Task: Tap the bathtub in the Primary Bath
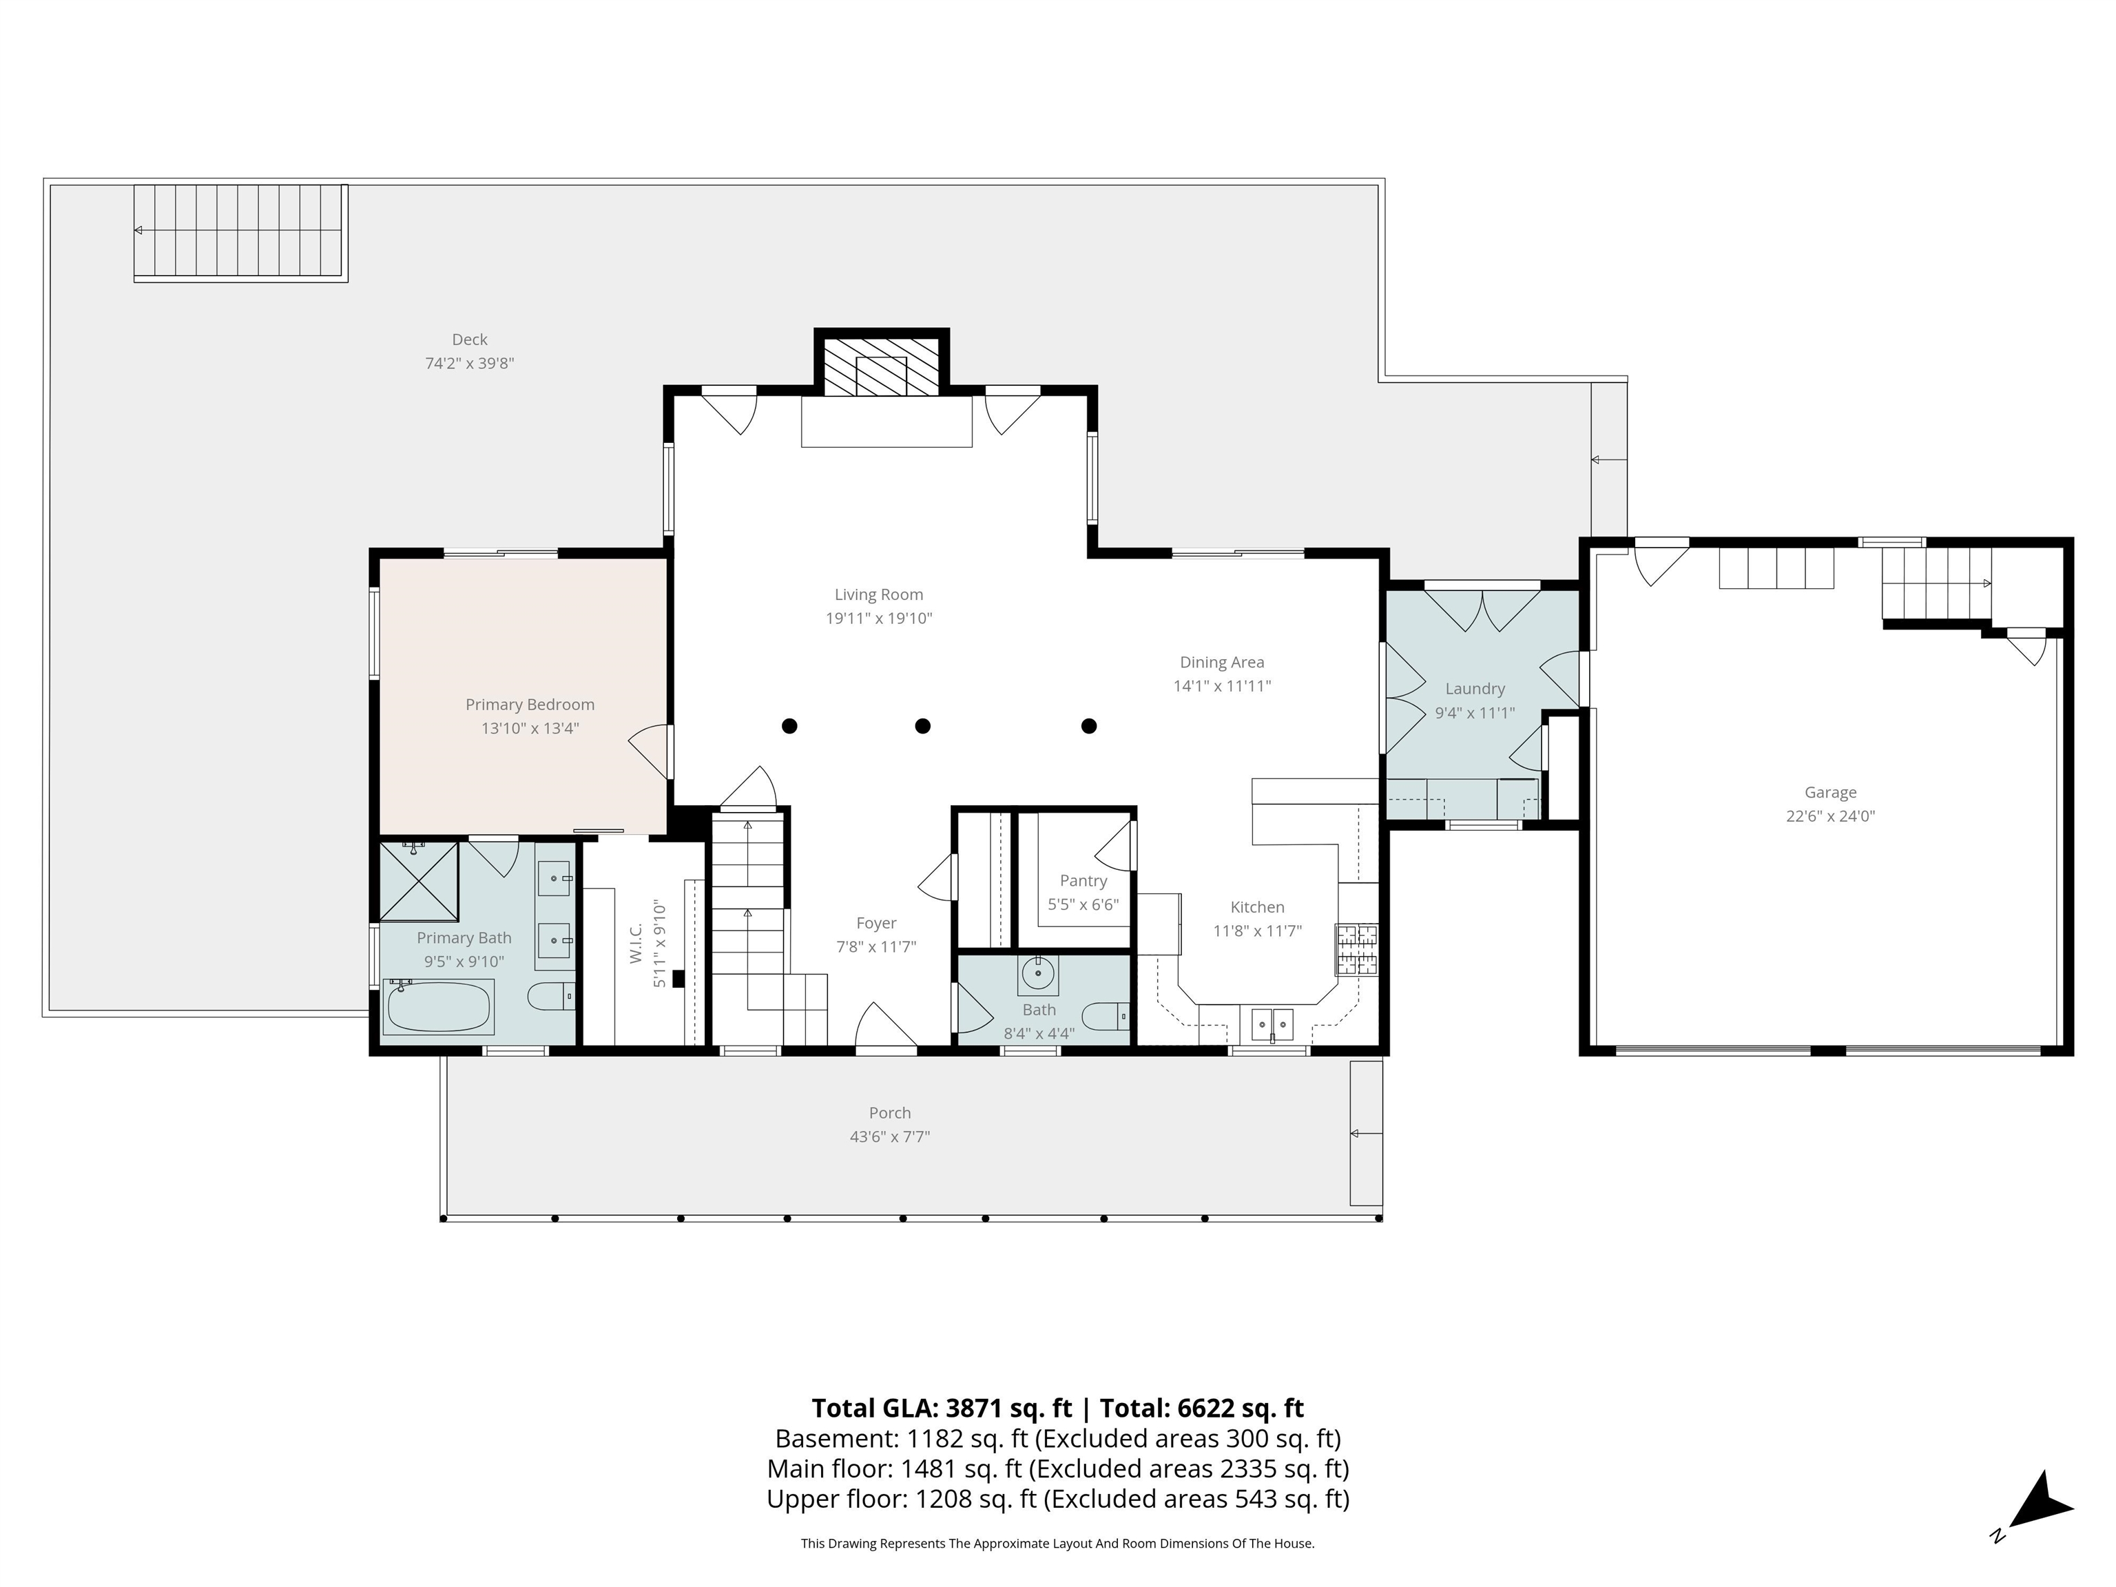tap(439, 1006)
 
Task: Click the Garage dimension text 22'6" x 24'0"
tap(1830, 816)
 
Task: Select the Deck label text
tap(470, 340)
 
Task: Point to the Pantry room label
tap(1083, 880)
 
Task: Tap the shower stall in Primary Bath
tap(419, 881)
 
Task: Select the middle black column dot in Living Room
tap(922, 726)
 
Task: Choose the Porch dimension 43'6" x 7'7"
tap(890, 1137)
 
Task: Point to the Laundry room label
tap(1474, 689)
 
